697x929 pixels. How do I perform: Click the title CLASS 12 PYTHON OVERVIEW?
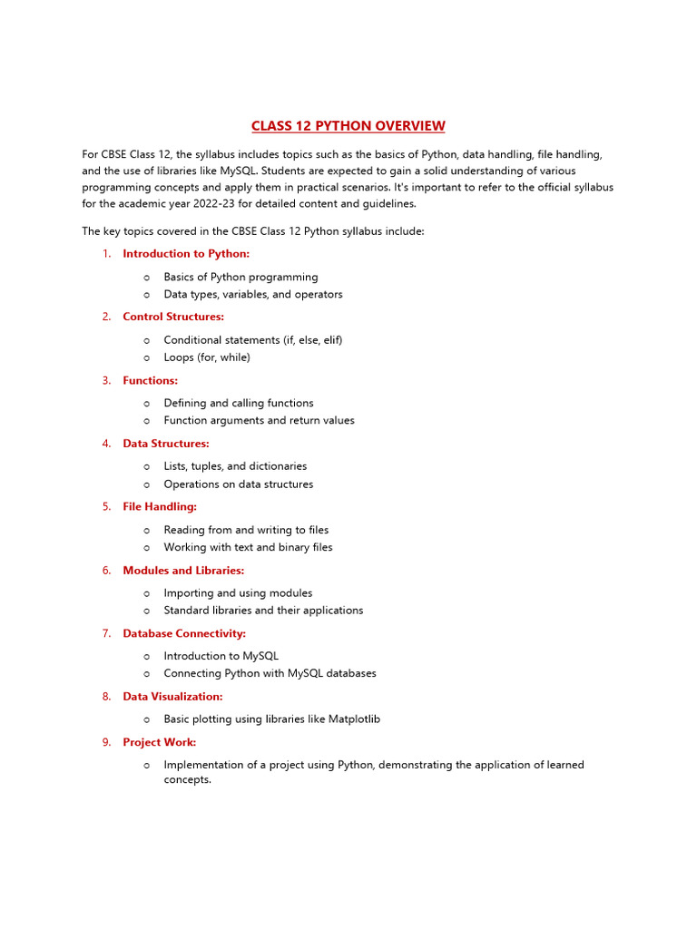point(348,126)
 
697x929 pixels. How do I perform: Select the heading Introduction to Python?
point(186,254)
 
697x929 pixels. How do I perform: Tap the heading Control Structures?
point(173,317)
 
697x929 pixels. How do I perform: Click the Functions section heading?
point(151,380)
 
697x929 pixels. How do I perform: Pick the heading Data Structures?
point(166,444)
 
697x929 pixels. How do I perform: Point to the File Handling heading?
point(160,506)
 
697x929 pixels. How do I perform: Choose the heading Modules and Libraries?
point(183,571)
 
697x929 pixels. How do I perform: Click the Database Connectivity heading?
point(184,633)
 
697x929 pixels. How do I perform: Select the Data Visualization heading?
point(172,697)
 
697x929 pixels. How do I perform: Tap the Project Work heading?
point(160,742)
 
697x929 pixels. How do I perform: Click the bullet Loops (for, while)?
point(207,357)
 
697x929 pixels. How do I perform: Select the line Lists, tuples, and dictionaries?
point(235,466)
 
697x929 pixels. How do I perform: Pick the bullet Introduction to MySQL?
point(221,656)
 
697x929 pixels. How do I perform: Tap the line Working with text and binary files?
point(248,547)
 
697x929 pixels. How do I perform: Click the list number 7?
point(106,633)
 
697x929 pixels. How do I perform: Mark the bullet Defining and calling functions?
point(239,403)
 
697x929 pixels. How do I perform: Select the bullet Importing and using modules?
point(238,593)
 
